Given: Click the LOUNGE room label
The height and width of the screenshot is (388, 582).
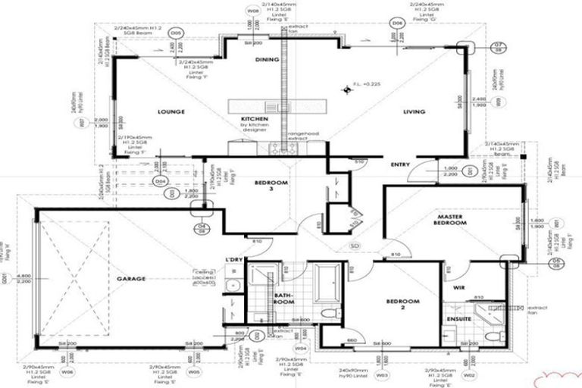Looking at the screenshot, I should (172, 112).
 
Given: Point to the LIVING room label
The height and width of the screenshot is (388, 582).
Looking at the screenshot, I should (414, 112).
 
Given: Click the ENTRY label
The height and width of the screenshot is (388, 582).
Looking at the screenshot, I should (400, 164).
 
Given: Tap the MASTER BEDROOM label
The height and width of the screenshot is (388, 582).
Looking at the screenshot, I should (454, 220).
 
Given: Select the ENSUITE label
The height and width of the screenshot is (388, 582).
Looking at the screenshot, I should (459, 319).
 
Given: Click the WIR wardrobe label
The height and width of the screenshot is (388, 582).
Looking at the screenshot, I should (459, 288).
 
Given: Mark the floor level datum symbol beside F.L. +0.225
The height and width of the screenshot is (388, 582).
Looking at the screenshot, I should (349, 90).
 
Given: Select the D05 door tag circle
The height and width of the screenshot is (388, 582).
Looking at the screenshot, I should (176, 33).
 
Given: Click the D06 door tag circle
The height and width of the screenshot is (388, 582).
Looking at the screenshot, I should (398, 24).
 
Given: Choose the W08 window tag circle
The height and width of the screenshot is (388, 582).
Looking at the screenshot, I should (253, 11).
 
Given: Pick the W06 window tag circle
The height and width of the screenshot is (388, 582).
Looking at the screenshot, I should (67, 373).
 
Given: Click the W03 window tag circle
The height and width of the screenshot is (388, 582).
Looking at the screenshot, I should (383, 374).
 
